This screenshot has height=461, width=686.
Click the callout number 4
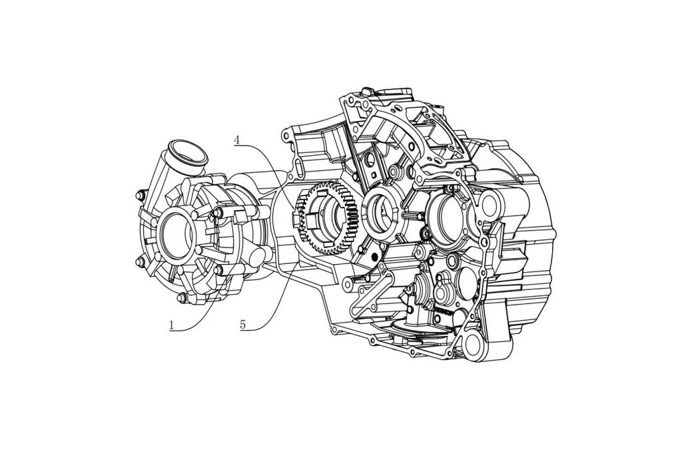point(236,140)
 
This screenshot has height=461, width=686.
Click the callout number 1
point(172,325)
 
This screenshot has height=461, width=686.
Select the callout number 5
point(243,325)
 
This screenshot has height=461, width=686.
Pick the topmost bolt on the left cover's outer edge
point(141,195)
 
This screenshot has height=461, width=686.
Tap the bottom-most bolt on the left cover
point(182,299)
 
